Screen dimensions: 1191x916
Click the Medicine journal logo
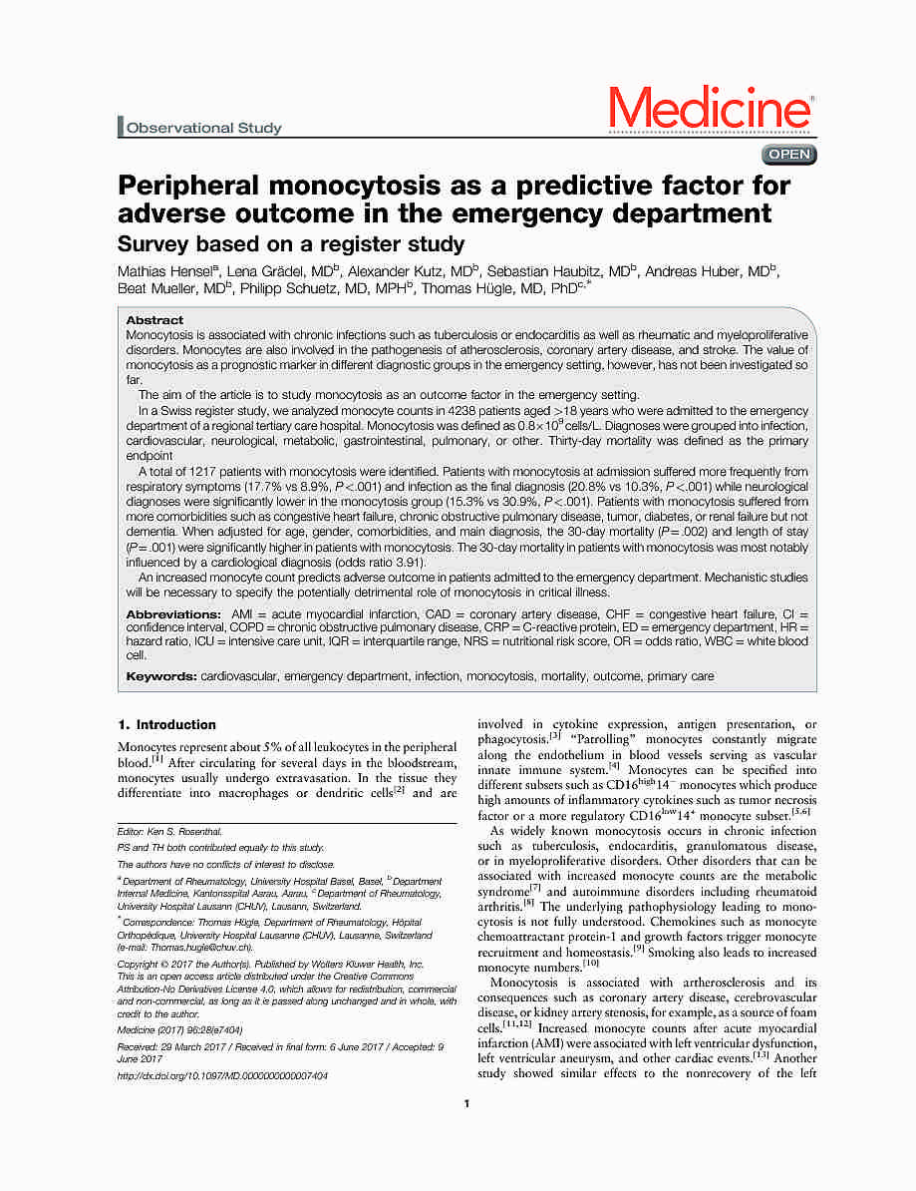click(711, 109)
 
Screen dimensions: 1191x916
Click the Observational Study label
click(203, 128)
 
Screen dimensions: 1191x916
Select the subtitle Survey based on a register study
click(291, 244)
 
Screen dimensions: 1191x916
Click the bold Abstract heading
click(154, 320)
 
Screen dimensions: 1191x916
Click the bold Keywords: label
click(161, 676)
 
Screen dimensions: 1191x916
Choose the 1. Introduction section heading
click(166, 725)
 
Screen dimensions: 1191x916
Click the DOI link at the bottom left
click(221, 1076)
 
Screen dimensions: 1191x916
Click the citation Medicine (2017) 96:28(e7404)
click(179, 1029)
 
